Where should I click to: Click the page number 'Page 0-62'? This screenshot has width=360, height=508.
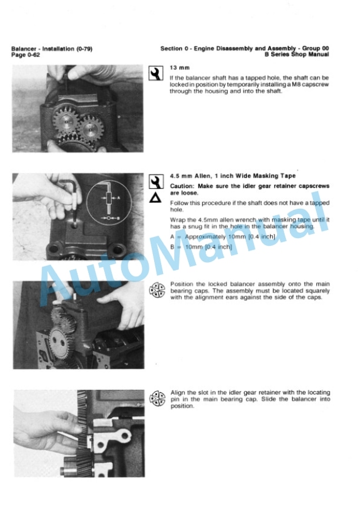click(x=26, y=55)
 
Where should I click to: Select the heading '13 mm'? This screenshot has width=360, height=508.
click(x=179, y=68)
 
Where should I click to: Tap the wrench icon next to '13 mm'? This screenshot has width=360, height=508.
click(x=156, y=73)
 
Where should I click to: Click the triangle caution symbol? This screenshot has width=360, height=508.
click(x=155, y=198)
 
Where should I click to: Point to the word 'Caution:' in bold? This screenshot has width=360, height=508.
click(x=182, y=186)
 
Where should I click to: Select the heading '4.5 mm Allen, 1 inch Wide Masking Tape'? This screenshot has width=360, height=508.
click(x=233, y=176)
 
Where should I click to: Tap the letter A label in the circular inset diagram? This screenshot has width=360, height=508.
click(x=119, y=198)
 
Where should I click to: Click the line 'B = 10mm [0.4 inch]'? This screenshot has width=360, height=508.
click(x=201, y=247)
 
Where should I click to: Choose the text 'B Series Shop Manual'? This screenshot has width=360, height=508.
click(x=296, y=55)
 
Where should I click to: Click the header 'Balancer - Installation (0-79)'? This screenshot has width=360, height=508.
click(x=52, y=49)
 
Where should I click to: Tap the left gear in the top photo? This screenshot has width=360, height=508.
click(x=66, y=121)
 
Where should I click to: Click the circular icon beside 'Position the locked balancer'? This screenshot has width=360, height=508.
click(x=157, y=290)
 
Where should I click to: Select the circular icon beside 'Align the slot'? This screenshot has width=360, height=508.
click(x=157, y=398)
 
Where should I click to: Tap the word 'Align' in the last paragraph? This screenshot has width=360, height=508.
click(x=178, y=393)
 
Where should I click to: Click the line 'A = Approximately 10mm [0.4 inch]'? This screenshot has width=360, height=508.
click(x=223, y=237)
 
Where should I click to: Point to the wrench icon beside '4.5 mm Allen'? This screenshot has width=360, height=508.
click(x=156, y=182)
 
